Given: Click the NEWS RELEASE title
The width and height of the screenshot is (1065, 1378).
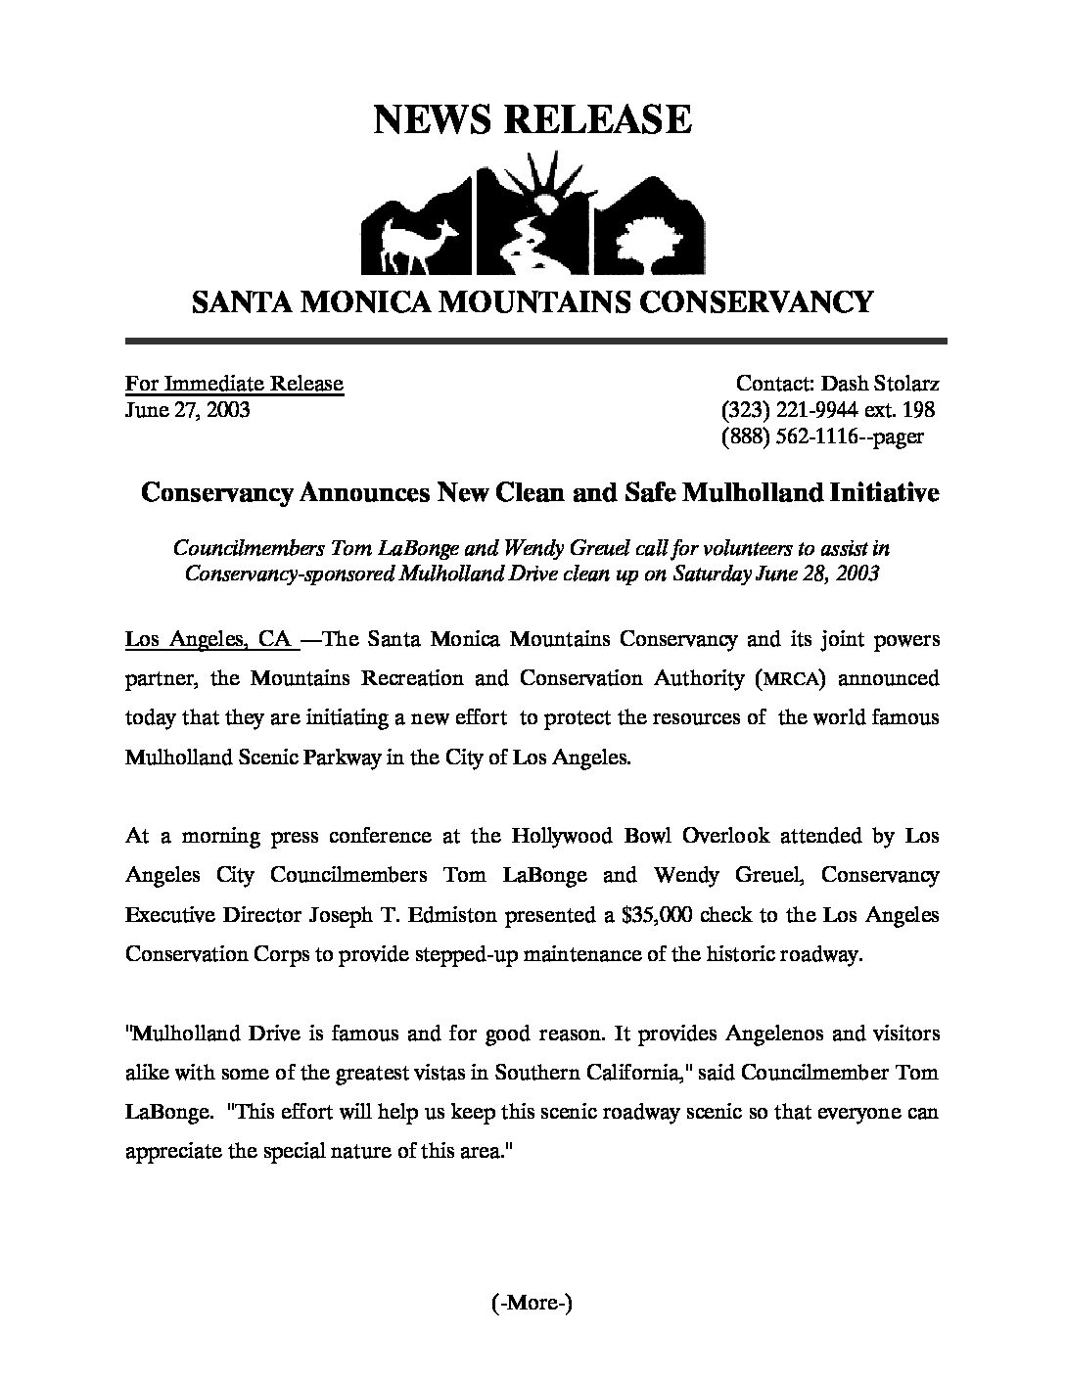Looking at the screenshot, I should pos(532,119).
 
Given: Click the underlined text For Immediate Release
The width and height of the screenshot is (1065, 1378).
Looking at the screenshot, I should pos(234,383).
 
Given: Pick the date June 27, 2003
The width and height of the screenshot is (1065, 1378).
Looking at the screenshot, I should pos(187,409).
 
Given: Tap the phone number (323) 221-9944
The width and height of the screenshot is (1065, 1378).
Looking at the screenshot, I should pos(792,410).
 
